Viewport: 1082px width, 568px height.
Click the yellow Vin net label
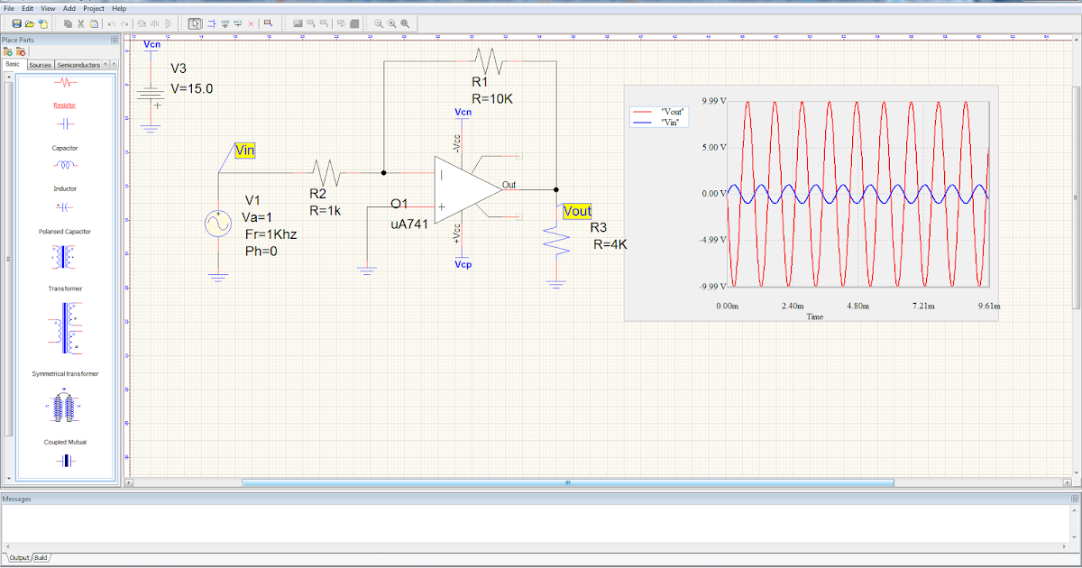click(x=244, y=151)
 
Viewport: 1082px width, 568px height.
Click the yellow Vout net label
click(x=577, y=211)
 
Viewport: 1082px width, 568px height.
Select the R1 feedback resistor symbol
click(x=491, y=61)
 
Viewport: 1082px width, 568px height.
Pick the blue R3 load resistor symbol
click(x=556, y=240)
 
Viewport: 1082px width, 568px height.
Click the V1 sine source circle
click(x=219, y=223)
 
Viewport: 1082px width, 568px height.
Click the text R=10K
click(x=492, y=97)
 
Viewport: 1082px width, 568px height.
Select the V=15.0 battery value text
click(x=192, y=89)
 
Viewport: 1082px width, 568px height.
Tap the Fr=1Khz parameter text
click(x=270, y=234)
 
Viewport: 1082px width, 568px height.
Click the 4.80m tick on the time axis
click(x=857, y=307)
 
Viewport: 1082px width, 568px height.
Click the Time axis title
click(x=815, y=316)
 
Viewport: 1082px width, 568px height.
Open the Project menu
click(x=94, y=8)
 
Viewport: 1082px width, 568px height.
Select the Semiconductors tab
click(x=77, y=65)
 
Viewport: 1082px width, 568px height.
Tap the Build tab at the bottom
click(x=41, y=558)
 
